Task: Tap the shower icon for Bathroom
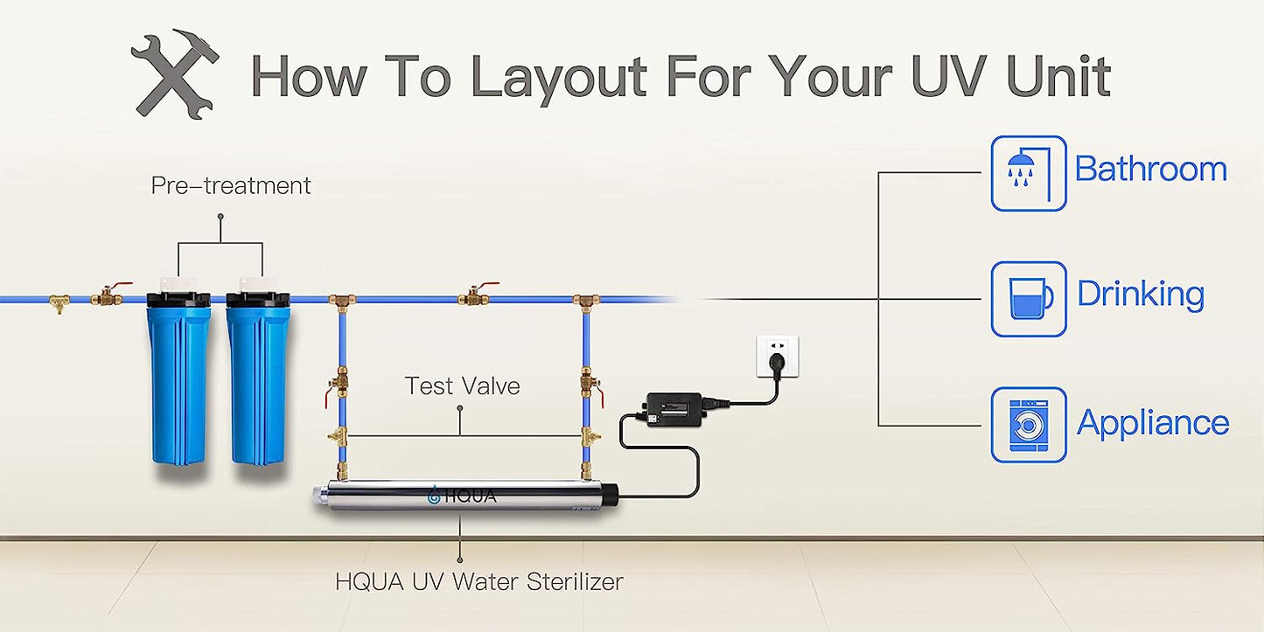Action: point(1028,173)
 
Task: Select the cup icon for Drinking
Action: point(1028,299)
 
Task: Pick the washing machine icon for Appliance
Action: point(1028,425)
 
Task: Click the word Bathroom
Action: point(1150,169)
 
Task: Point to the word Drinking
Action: point(1140,295)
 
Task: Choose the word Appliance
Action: point(1153,423)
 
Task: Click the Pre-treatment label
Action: point(231,185)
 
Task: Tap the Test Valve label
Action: point(462,385)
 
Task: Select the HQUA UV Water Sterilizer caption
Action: point(478,581)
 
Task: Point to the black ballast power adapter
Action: point(675,407)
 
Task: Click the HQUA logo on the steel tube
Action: point(462,497)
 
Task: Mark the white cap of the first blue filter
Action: point(179,285)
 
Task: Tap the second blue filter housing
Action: point(257,376)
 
